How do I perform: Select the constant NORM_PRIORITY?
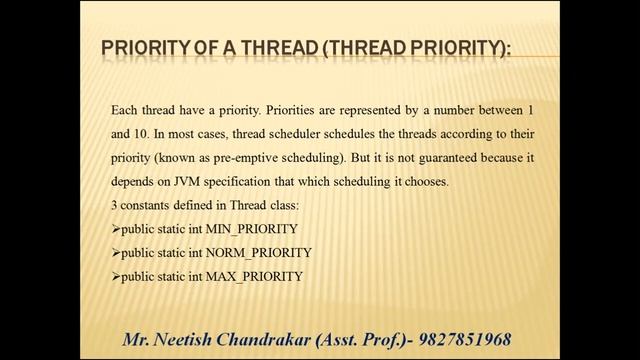pyautogui.click(x=258, y=253)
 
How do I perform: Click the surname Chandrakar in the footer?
pyautogui.click(x=264, y=340)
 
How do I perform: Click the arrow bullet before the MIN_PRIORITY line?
pyautogui.click(x=116, y=230)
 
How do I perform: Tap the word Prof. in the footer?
pyautogui.click(x=376, y=340)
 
